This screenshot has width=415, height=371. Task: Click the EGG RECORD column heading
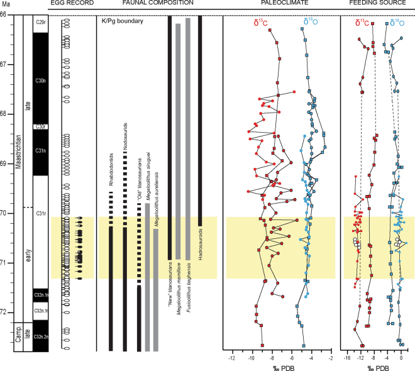(67, 5)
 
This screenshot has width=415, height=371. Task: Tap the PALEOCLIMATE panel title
(279, 5)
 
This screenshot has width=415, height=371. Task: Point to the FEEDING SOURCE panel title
(377, 5)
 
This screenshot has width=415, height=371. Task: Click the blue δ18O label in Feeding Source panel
(396, 23)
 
